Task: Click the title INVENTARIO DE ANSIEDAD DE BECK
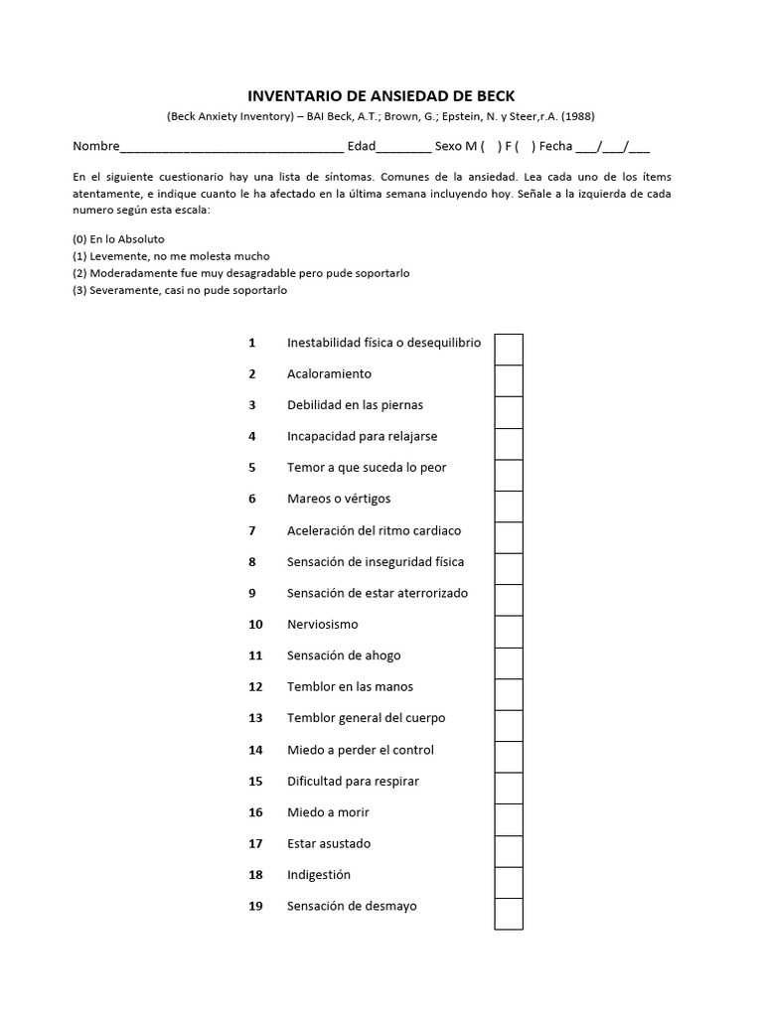point(381,96)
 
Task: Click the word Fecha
point(555,147)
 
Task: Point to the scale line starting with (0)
point(118,239)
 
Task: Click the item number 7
point(252,530)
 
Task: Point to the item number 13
point(255,718)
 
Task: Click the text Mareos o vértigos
point(339,499)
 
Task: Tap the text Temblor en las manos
point(350,686)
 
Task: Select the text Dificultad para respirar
point(353,781)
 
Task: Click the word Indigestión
point(319,875)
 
